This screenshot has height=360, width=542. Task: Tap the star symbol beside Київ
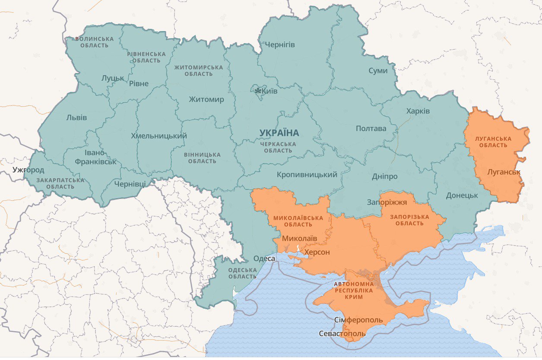click(x=258, y=91)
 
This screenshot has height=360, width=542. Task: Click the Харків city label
click(x=418, y=111)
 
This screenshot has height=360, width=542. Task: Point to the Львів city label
click(x=76, y=117)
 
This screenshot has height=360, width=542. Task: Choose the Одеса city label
click(x=264, y=258)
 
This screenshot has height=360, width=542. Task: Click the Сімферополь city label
click(x=358, y=320)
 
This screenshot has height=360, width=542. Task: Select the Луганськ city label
click(x=504, y=172)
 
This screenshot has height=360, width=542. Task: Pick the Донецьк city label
click(x=462, y=195)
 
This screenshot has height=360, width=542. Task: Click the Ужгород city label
click(x=28, y=170)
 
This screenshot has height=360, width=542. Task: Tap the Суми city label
click(x=378, y=70)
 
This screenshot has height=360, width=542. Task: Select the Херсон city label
click(x=317, y=252)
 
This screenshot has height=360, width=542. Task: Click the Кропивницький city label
click(x=307, y=175)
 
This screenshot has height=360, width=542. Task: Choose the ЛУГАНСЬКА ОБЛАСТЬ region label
click(x=493, y=142)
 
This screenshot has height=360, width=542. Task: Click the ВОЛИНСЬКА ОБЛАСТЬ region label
click(x=94, y=42)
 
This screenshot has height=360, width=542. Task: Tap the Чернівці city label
click(x=130, y=184)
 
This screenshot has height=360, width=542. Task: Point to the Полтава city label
click(x=371, y=128)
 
